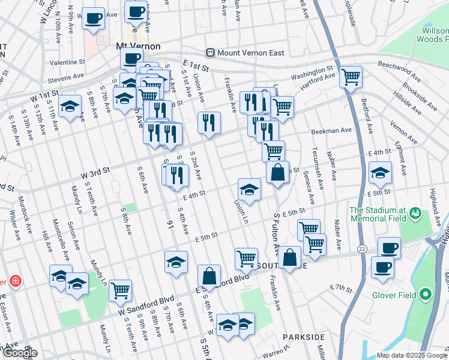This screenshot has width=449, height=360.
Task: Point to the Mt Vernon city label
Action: tap(137, 46)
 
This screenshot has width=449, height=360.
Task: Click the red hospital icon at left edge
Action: tap(13, 281)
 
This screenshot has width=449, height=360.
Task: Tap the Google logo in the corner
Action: tap(19, 353)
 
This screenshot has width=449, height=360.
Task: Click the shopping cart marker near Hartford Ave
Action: tap(351, 77)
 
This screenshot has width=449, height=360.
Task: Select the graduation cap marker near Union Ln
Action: tap(249, 190)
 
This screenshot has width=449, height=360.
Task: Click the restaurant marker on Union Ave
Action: tap(209, 122)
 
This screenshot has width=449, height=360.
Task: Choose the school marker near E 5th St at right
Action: tap(380, 173)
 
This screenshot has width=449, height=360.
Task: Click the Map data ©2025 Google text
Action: tap(412, 355)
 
